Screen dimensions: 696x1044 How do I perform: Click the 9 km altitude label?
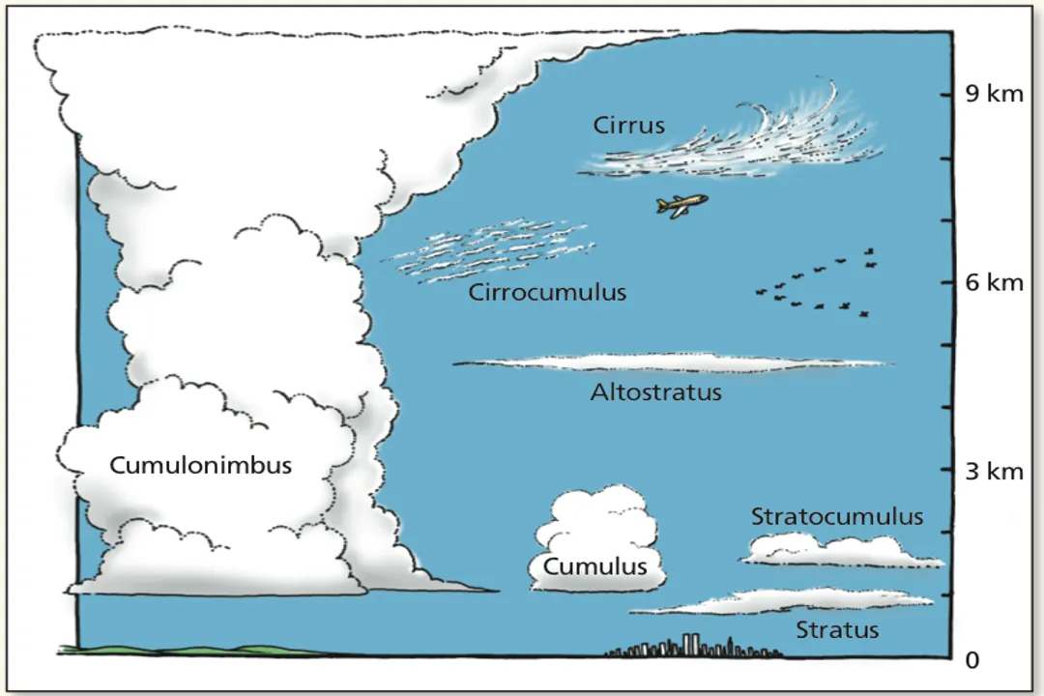(x=994, y=94)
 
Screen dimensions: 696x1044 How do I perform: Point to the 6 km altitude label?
(x=994, y=283)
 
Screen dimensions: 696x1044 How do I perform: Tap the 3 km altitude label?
(x=994, y=472)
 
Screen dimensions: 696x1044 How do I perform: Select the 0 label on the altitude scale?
(x=972, y=660)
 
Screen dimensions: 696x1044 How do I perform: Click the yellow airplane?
(x=681, y=205)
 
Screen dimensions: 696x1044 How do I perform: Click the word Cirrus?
(x=629, y=126)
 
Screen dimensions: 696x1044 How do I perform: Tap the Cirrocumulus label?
(x=547, y=292)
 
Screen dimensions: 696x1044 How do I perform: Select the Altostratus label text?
(x=655, y=393)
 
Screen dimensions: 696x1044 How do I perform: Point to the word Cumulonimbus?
(x=200, y=465)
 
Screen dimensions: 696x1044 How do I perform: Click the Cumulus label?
(x=594, y=566)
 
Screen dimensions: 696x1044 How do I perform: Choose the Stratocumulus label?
(x=837, y=517)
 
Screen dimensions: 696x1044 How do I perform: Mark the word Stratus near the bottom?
(x=837, y=630)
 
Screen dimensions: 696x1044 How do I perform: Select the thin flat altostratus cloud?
(x=672, y=363)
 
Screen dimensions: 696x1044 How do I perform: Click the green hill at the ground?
(x=193, y=650)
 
